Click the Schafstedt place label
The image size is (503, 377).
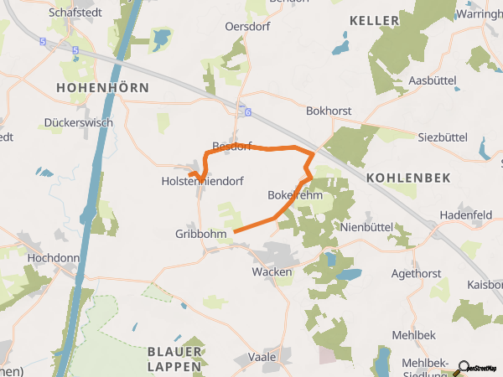coord(77,13)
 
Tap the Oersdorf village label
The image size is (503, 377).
coord(246,27)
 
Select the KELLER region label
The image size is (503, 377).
coord(374,19)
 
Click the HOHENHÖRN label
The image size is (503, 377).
coord(102,87)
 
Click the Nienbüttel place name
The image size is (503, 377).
coord(367,227)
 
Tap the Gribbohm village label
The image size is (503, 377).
coord(201,234)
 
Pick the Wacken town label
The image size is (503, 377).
coord(272,272)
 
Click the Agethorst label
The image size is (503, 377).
coord(415,274)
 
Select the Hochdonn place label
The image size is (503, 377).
coord(52,258)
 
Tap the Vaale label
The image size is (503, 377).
coord(262,357)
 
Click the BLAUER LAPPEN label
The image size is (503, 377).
coord(174,359)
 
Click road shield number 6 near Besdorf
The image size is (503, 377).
coord(246,111)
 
